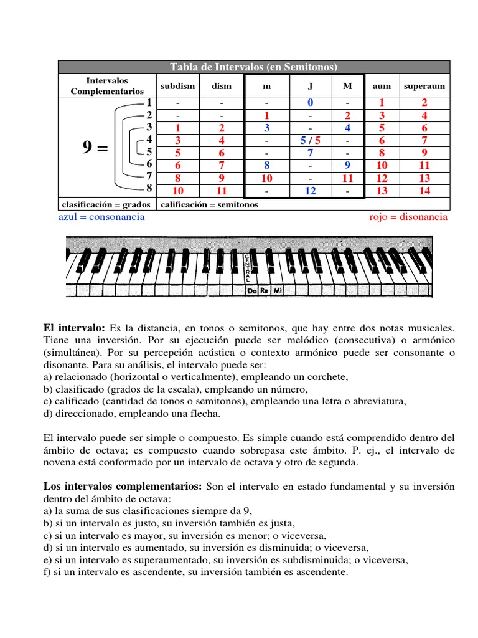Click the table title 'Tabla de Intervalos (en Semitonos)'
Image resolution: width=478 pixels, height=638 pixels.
coord(254,67)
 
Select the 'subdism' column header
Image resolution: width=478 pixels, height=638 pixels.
coord(177,86)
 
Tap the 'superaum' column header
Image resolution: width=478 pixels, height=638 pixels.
coord(424,86)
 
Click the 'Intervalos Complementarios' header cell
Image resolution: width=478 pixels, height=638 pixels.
coord(107,86)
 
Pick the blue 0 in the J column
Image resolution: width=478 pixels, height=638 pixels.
coord(310,103)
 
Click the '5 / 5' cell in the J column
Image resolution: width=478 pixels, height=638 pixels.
coord(310,141)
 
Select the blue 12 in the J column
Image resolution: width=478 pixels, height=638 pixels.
coord(310,191)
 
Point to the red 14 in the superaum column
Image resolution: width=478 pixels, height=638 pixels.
coord(424,191)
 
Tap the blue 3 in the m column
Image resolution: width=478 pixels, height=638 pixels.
coord(266,128)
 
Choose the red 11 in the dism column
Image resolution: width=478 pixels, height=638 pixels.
coord(222,191)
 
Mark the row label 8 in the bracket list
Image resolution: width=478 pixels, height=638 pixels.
coord(149,188)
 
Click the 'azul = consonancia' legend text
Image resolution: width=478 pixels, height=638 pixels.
coord(101,217)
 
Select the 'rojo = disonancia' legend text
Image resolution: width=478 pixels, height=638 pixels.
coord(408,217)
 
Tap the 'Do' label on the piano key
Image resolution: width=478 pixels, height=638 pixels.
coord(251,290)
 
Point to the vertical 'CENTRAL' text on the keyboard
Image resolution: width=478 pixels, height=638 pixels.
coord(248,268)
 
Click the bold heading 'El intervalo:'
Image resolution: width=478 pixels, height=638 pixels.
coord(74,328)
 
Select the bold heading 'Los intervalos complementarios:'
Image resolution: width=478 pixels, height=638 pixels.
coord(123,486)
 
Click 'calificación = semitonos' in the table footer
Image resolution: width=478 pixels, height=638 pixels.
coord(210,204)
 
